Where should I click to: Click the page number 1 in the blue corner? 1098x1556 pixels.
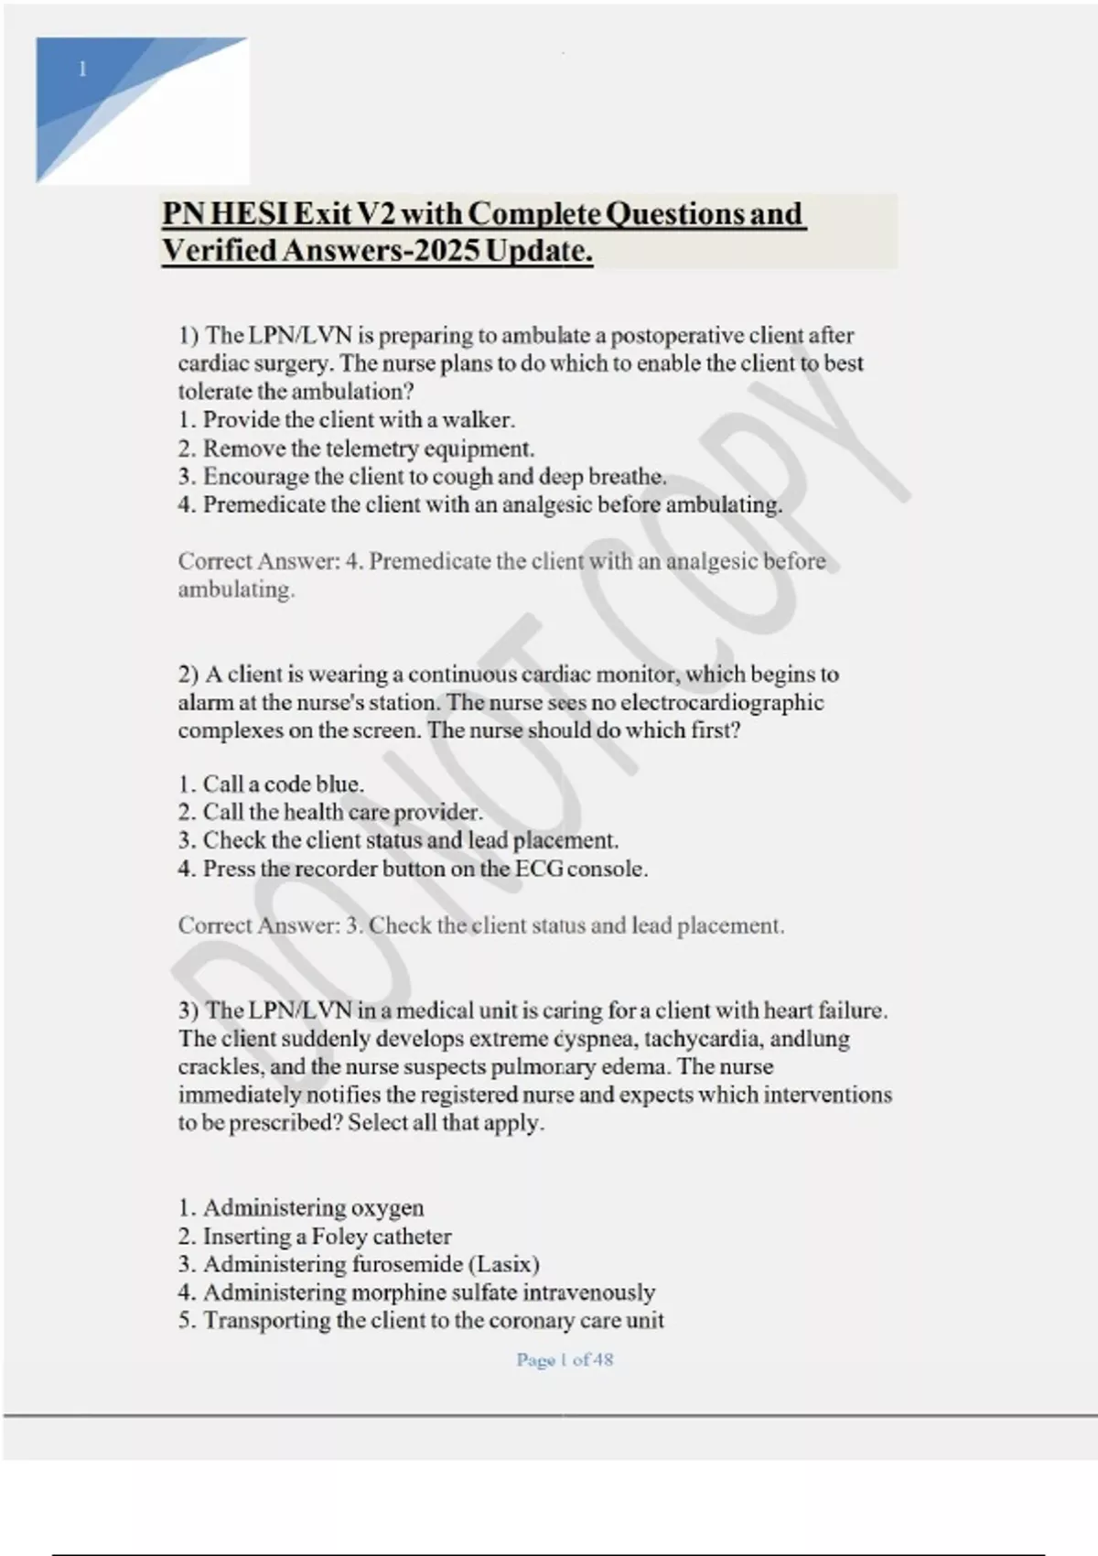83,70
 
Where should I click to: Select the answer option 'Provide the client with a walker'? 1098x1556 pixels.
347,420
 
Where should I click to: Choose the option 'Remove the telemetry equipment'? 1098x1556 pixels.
356,448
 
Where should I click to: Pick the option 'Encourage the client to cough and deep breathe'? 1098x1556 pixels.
422,477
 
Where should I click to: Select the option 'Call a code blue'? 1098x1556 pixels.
271,784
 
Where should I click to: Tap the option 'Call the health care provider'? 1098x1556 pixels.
330,813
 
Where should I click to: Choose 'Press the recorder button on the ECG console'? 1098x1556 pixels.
413,869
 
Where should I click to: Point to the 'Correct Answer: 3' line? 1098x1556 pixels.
481,925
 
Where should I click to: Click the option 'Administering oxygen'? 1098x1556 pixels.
301,1208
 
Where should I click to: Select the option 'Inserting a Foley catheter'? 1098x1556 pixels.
315,1237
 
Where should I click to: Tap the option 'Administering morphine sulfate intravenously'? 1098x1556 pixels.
416,1292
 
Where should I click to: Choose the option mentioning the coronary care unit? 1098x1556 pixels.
421,1321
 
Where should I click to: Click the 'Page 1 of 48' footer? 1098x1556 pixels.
565,1360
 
